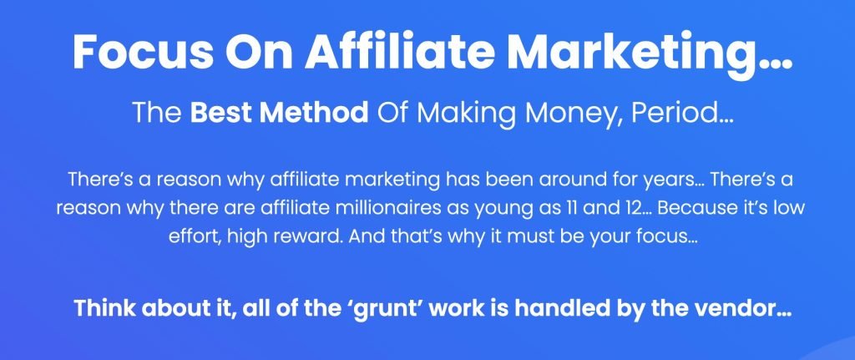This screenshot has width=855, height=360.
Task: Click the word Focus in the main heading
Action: (x=144, y=51)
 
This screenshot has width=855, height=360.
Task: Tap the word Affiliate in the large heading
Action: (x=400, y=51)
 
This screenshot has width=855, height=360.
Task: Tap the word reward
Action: (x=313, y=237)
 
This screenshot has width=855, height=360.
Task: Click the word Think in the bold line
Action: (x=104, y=308)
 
